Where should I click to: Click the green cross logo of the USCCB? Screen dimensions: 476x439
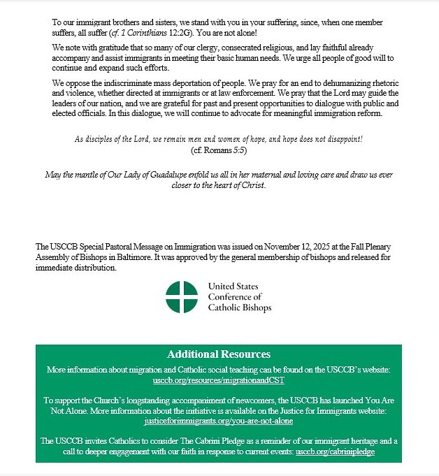(182, 297)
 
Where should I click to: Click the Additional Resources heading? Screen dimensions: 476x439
(219, 354)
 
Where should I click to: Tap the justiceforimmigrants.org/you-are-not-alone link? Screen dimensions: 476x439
(219, 421)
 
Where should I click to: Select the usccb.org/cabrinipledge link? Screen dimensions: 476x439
(336, 452)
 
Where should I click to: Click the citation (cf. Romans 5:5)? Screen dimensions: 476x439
(219, 150)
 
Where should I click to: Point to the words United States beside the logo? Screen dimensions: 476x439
(233, 287)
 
